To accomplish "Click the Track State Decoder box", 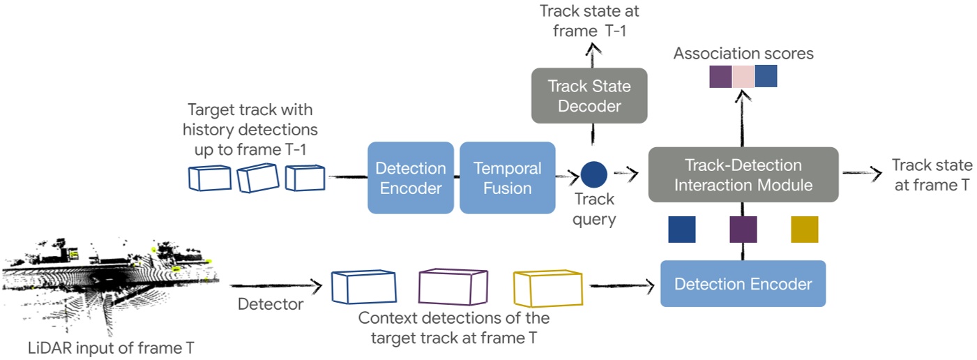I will (x=589, y=96).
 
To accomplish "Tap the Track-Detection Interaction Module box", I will (x=743, y=175).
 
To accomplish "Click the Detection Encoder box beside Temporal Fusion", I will (x=410, y=178).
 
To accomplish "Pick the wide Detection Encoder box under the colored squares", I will (x=743, y=284).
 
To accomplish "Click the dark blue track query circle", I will (x=593, y=174).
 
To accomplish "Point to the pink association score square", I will (x=743, y=76).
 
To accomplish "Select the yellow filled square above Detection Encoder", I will (x=804, y=230).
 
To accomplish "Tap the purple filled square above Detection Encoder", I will (x=743, y=230).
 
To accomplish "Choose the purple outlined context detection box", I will (x=452, y=288).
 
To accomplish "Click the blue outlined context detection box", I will (x=363, y=288).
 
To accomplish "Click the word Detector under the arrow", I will (x=271, y=304).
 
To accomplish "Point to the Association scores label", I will (x=743, y=54).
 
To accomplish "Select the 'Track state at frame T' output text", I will (x=932, y=175).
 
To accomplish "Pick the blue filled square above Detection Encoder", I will (x=681, y=230).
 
